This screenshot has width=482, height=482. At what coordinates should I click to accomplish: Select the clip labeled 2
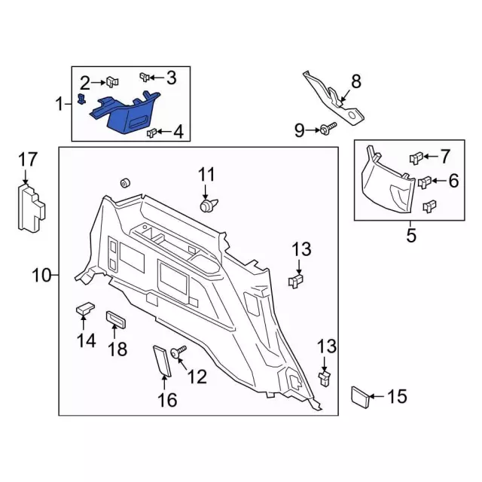[111, 81]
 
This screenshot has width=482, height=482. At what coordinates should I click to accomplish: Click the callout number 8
[356, 81]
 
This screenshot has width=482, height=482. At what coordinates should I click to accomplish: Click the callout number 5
[411, 236]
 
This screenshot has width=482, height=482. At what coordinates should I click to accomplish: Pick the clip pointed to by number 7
[415, 158]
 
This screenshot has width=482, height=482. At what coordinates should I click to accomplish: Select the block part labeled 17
[29, 207]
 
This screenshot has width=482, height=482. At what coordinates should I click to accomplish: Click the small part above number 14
[84, 308]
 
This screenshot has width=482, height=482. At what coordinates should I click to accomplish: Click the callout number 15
[397, 396]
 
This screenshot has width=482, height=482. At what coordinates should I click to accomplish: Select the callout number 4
[178, 133]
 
